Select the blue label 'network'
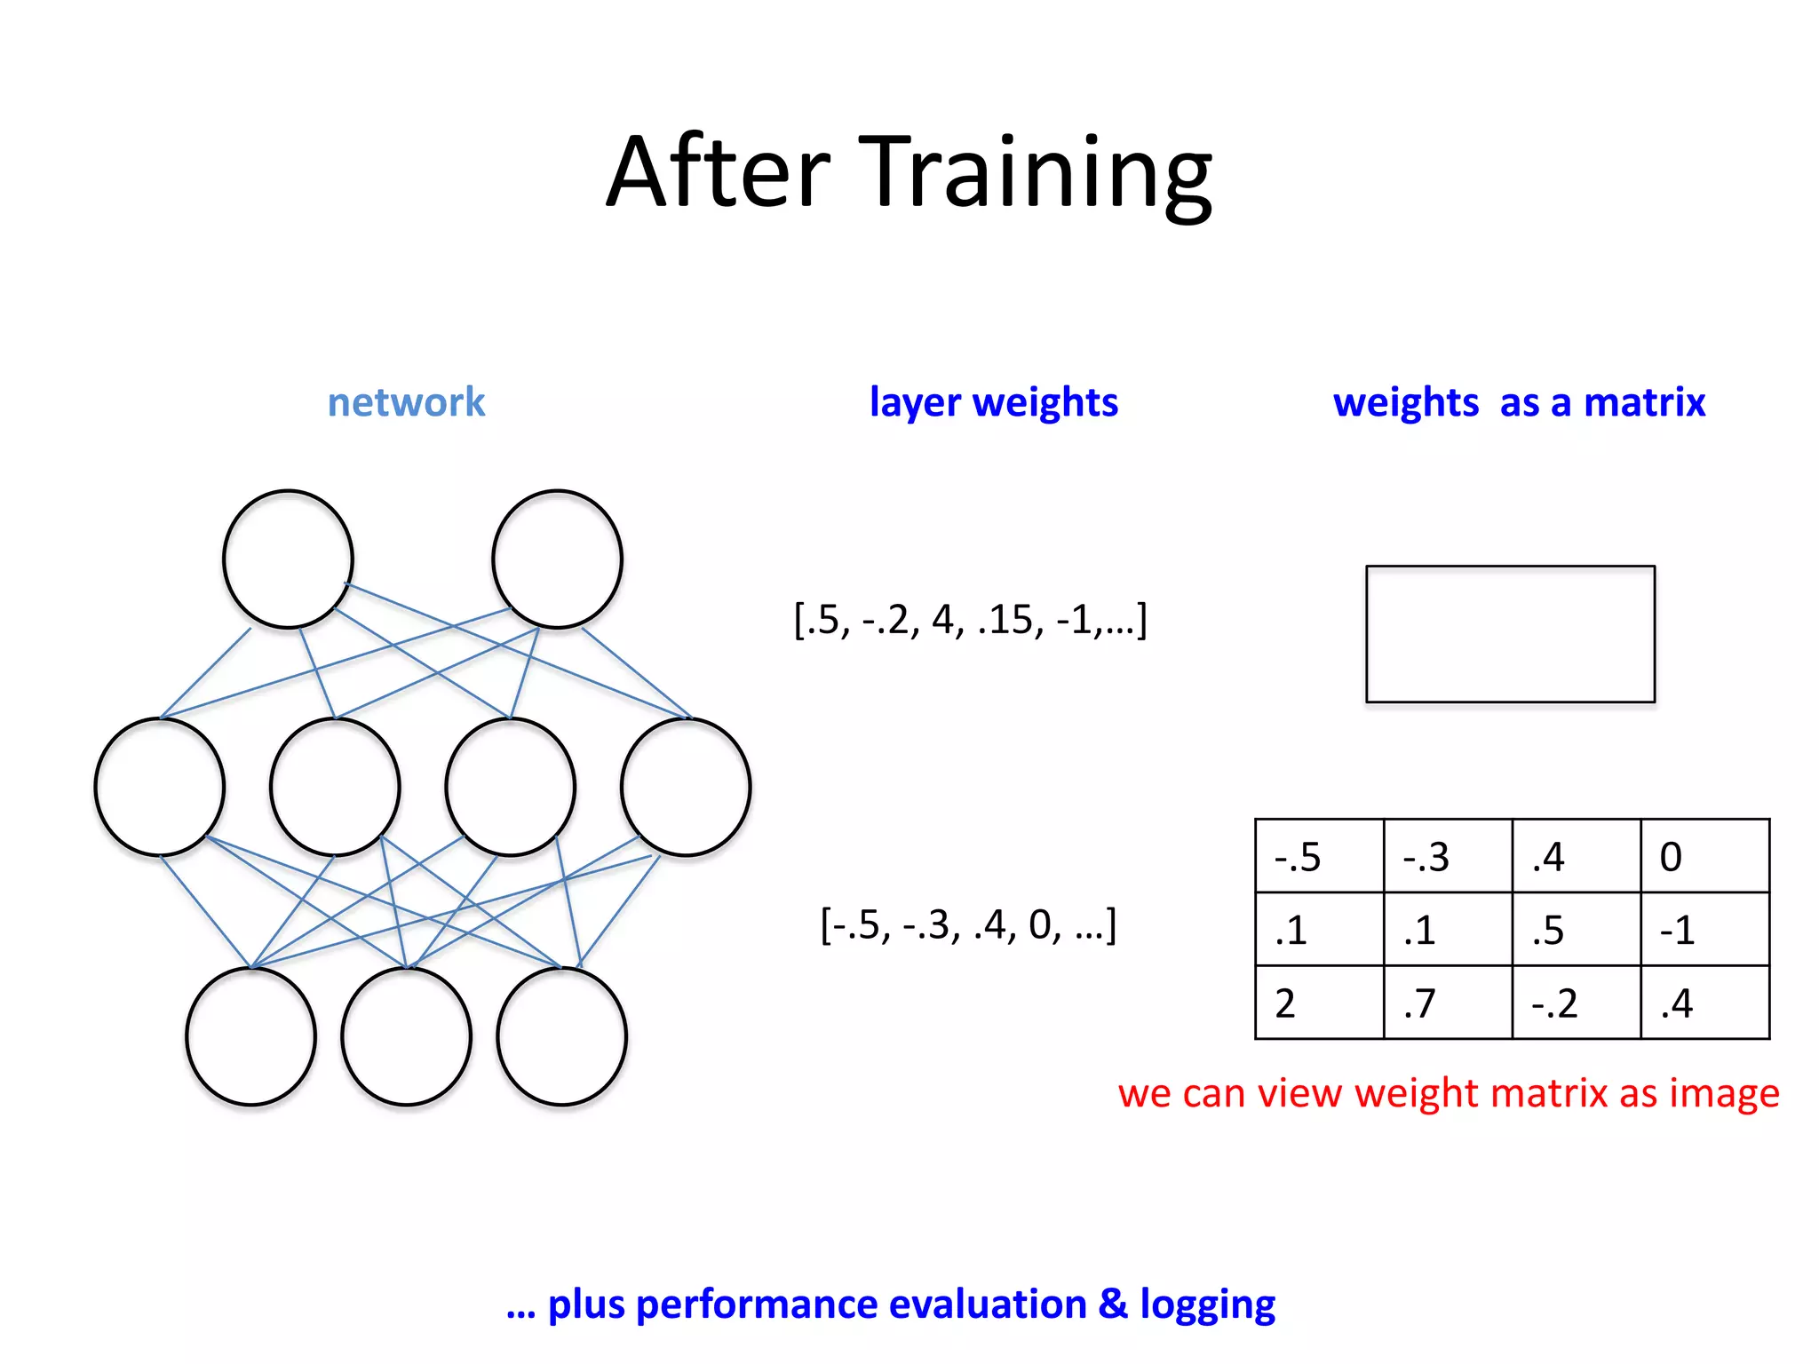(x=406, y=402)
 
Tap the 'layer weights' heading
(x=993, y=402)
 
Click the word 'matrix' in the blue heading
(x=1644, y=402)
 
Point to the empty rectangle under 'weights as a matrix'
(x=1510, y=634)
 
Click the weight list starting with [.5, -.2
(x=970, y=620)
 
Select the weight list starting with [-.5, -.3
(x=968, y=925)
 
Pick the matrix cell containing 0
(x=1704, y=856)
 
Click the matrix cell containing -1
(x=1704, y=930)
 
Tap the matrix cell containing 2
(x=1319, y=1003)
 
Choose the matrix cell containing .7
(x=1447, y=1003)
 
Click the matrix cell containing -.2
(x=1576, y=1003)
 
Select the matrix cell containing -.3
(x=1447, y=856)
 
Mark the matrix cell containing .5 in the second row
(x=1576, y=930)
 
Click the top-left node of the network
(x=288, y=559)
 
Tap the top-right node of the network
(x=557, y=559)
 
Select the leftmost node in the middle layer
(x=160, y=787)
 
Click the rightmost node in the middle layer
(x=686, y=787)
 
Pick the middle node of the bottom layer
(x=407, y=1036)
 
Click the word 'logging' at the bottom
(x=1207, y=1305)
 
